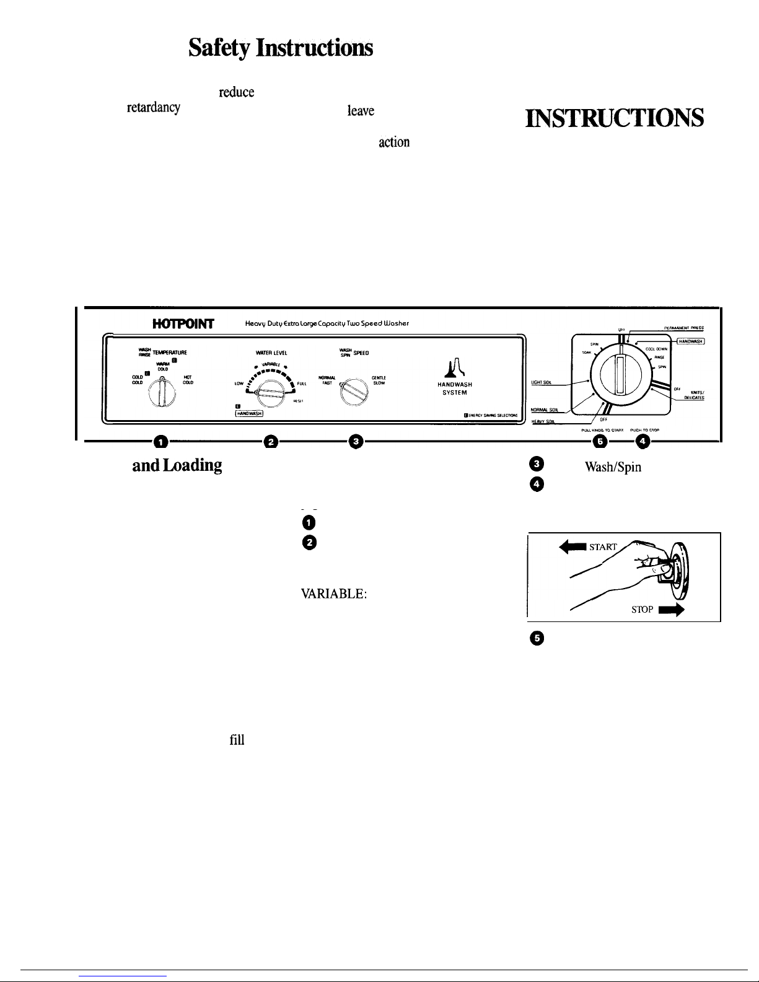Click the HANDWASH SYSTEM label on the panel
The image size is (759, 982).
[x=454, y=388]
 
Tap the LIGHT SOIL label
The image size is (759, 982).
[x=543, y=382]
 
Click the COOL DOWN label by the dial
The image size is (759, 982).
[x=656, y=349]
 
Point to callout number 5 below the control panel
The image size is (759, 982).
[x=599, y=441]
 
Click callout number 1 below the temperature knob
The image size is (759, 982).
[x=161, y=441]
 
